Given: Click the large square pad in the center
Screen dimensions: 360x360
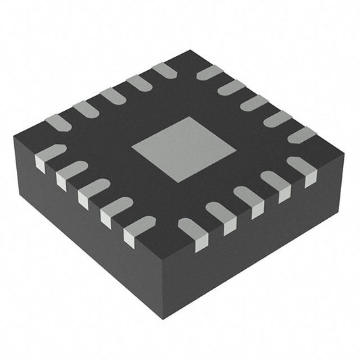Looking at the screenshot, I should pos(183,149).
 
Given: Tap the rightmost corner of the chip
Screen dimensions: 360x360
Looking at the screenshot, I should pos(344,155).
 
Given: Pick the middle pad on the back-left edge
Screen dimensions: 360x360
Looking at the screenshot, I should pos(111,95).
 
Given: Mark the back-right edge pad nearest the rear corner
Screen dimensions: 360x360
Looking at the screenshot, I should pos(210,72).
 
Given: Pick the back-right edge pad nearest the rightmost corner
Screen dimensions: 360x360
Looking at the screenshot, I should pos(301,134).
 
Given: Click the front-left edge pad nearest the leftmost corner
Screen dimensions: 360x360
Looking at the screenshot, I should pos(47,155).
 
